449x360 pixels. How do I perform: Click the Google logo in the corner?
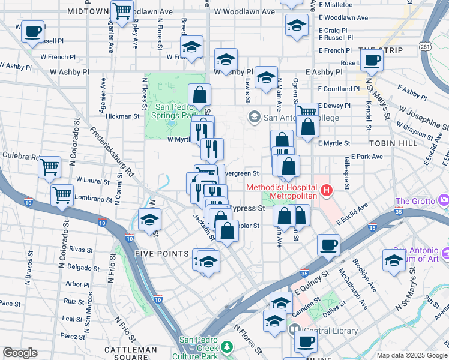[x=20, y=353]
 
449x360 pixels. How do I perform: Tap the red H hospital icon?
[x=327, y=191]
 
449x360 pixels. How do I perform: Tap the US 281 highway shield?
[x=424, y=46]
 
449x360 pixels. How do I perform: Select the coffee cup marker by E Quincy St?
[x=328, y=245]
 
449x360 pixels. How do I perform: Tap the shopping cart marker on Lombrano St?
[x=62, y=194]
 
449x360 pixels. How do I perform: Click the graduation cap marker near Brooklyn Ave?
[x=394, y=260]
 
